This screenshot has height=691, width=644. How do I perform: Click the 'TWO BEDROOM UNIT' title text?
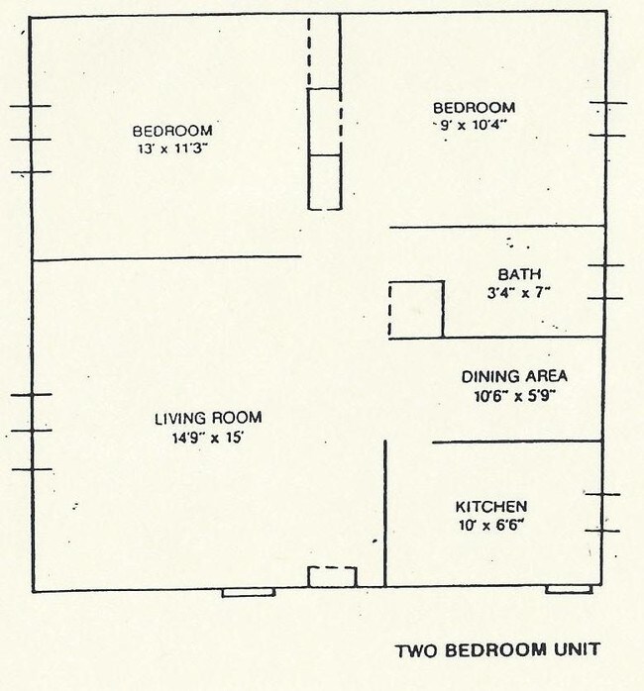[497, 650]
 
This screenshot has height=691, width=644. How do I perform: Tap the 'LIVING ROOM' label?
[208, 418]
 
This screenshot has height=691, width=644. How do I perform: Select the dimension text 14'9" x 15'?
[208, 438]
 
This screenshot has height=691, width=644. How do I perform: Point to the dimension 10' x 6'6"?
[490, 524]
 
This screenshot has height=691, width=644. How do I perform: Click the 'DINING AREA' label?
[514, 376]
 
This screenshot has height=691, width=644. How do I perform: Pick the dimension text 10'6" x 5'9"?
[514, 396]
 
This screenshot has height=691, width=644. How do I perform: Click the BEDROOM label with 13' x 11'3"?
[172, 130]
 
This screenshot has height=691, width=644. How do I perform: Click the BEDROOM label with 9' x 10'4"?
[474, 107]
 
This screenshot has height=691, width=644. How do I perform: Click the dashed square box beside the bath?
[415, 309]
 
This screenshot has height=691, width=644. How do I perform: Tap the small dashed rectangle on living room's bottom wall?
[331, 576]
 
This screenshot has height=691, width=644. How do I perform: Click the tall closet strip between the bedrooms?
[324, 113]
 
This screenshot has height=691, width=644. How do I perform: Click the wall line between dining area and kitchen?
[516, 442]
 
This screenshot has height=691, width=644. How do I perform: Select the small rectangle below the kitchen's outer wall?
[569, 590]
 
